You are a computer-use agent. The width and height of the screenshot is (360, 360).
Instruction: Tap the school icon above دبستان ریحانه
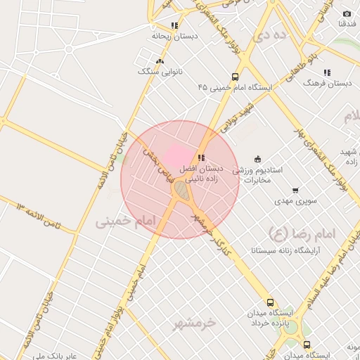tap(174, 25)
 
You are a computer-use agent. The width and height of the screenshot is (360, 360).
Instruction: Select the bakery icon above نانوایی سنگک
tap(160, 62)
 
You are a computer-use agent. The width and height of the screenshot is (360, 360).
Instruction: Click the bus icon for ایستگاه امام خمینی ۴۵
tap(235, 77)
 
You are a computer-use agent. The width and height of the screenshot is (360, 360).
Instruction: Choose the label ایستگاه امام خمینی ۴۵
tap(235, 88)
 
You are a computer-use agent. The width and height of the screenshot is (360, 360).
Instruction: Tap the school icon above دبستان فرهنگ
tap(327, 72)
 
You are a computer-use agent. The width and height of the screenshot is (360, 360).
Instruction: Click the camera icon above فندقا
tap(347, 14)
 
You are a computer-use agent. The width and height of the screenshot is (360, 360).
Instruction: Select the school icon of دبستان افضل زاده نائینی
tap(201, 158)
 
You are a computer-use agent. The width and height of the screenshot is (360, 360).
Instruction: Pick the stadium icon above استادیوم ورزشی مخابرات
tap(257, 159)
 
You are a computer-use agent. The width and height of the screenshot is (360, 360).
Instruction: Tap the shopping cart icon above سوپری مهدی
tap(295, 191)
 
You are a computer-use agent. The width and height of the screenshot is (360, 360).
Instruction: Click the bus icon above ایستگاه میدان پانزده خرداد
tap(271, 302)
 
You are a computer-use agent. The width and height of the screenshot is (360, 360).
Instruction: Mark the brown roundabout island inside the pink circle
tap(181, 191)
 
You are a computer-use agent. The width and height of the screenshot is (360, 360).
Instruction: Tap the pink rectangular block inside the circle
tap(177, 156)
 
